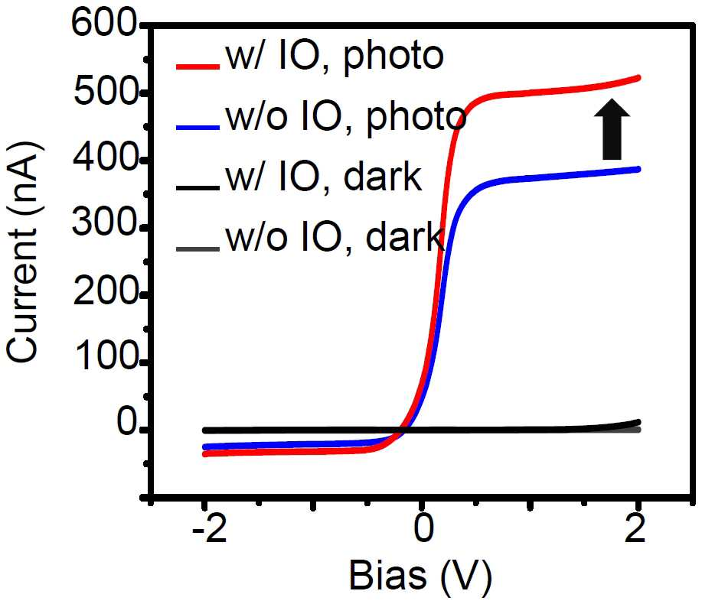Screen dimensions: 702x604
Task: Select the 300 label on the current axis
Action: [104, 222]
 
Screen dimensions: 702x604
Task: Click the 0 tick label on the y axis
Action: [126, 422]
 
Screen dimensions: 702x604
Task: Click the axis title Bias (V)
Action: [420, 576]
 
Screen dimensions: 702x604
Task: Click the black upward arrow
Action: [612, 128]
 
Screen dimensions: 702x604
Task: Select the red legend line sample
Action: [198, 67]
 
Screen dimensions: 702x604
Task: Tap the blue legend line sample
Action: [198, 127]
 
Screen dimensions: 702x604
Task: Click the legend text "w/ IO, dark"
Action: [324, 177]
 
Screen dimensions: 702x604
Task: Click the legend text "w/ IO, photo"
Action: [335, 57]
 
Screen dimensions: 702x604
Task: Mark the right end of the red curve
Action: [638, 78]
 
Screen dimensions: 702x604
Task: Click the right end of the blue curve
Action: [638, 169]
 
